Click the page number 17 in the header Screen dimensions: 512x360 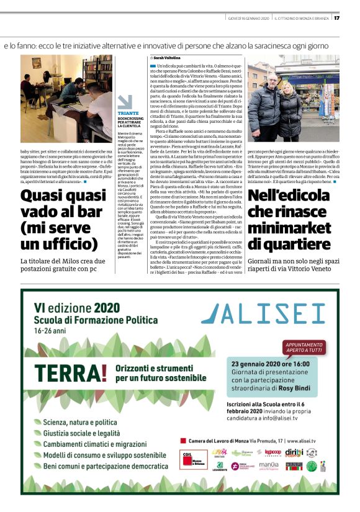[337, 18]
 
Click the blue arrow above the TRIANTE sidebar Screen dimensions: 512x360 [125, 102]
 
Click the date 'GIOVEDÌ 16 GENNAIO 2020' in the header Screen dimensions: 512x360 [246, 18]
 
